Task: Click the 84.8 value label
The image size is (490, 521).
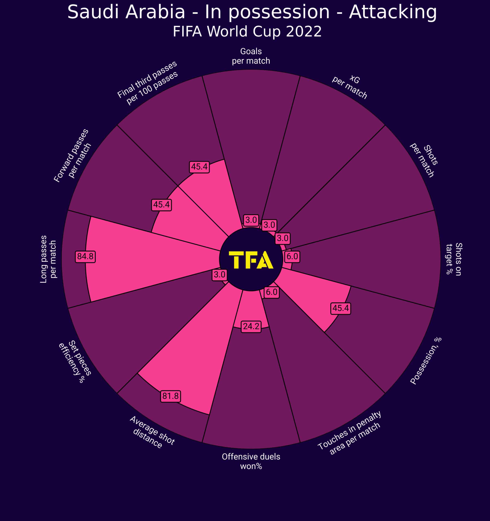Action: point(85,256)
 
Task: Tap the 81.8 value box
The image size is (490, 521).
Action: point(170,396)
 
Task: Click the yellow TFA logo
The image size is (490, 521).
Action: point(251,260)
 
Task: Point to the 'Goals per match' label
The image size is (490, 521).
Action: point(251,56)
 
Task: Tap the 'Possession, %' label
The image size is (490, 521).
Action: point(426,361)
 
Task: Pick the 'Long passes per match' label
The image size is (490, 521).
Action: point(48,259)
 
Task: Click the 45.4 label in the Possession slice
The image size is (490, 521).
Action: point(340,308)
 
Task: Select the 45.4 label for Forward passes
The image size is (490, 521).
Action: point(161,204)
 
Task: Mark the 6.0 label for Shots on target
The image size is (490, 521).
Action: point(292,256)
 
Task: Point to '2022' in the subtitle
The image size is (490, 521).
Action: point(304,32)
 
